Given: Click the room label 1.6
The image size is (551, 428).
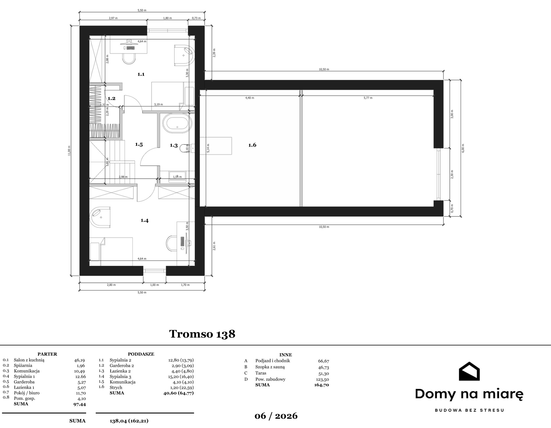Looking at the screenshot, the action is [252, 145].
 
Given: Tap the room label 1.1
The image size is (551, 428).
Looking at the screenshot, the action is [141, 74].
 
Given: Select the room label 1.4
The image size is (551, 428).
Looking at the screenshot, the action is [145, 220].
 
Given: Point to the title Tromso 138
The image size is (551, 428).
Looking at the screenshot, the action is [202, 334].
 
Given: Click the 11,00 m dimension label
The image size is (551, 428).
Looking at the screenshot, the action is [69, 151].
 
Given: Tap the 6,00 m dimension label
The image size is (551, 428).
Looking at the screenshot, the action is [463, 148].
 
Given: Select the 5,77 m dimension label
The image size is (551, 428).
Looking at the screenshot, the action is [368, 98].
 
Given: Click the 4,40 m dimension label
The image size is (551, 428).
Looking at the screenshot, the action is [250, 98].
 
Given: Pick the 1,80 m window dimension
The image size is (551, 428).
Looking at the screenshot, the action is [167, 18].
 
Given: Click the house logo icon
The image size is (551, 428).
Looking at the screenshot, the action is [469, 371].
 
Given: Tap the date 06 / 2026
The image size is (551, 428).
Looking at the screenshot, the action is [276, 416].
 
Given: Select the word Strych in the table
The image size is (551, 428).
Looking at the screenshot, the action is [116, 388].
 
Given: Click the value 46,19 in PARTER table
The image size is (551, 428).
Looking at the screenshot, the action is [79, 360].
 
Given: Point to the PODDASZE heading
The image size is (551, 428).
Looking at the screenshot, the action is [141, 354].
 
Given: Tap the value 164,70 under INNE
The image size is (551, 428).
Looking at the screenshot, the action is [321, 385].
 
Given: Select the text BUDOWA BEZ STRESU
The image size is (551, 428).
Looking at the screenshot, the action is [469, 410].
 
